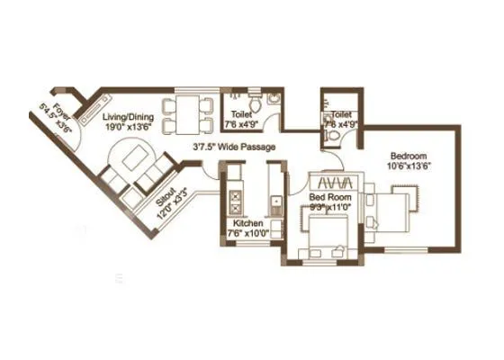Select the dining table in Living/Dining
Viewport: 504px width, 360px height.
click(188, 112)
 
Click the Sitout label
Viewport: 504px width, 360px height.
click(167, 201)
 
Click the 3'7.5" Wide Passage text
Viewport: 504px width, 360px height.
click(234, 147)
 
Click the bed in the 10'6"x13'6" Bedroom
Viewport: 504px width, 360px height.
click(399, 205)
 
